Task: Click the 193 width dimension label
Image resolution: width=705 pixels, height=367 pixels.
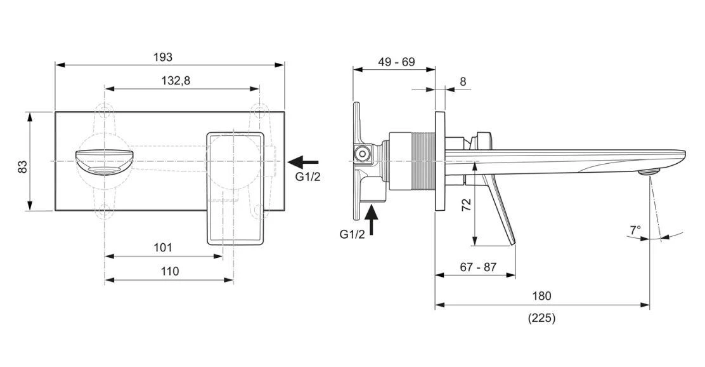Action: click(163, 57)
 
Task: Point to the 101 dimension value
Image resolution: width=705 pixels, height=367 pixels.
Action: click(162, 248)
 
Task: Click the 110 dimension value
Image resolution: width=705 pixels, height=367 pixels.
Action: click(169, 271)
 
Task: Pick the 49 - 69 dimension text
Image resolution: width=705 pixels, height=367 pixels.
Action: click(396, 62)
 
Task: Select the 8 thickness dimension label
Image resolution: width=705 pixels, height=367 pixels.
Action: click(462, 81)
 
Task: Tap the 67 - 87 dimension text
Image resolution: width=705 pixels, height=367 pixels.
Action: click(478, 267)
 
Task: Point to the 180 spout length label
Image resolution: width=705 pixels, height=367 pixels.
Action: click(541, 296)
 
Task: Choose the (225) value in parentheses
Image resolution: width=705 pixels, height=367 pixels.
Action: click(541, 319)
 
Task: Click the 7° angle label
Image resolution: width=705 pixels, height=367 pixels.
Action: click(635, 230)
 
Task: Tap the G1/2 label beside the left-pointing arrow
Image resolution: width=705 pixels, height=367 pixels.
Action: click(308, 177)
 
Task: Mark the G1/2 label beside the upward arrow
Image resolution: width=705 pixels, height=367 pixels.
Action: click(353, 234)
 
